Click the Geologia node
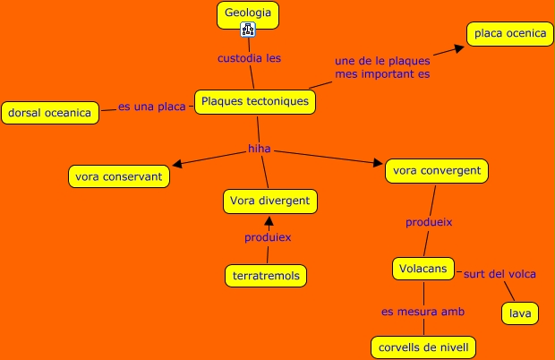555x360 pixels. [248, 14]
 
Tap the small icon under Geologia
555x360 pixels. [248, 30]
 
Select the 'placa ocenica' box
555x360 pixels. [509, 34]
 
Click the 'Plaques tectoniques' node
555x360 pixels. [255, 102]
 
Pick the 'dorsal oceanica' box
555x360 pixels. [49, 113]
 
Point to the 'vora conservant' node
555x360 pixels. [119, 176]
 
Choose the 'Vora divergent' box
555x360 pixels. [269, 201]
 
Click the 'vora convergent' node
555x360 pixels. [437, 170]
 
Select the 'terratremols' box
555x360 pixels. [265, 275]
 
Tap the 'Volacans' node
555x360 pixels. [423, 268]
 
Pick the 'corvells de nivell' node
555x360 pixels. [423, 347]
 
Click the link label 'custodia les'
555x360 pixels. [249, 58]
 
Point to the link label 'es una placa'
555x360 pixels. [152, 107]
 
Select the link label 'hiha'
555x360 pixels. [260, 149]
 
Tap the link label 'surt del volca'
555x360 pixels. [499, 274]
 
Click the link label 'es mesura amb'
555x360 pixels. [423, 312]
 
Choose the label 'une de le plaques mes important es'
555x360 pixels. [382, 67]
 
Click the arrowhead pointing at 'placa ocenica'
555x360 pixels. [458, 47]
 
